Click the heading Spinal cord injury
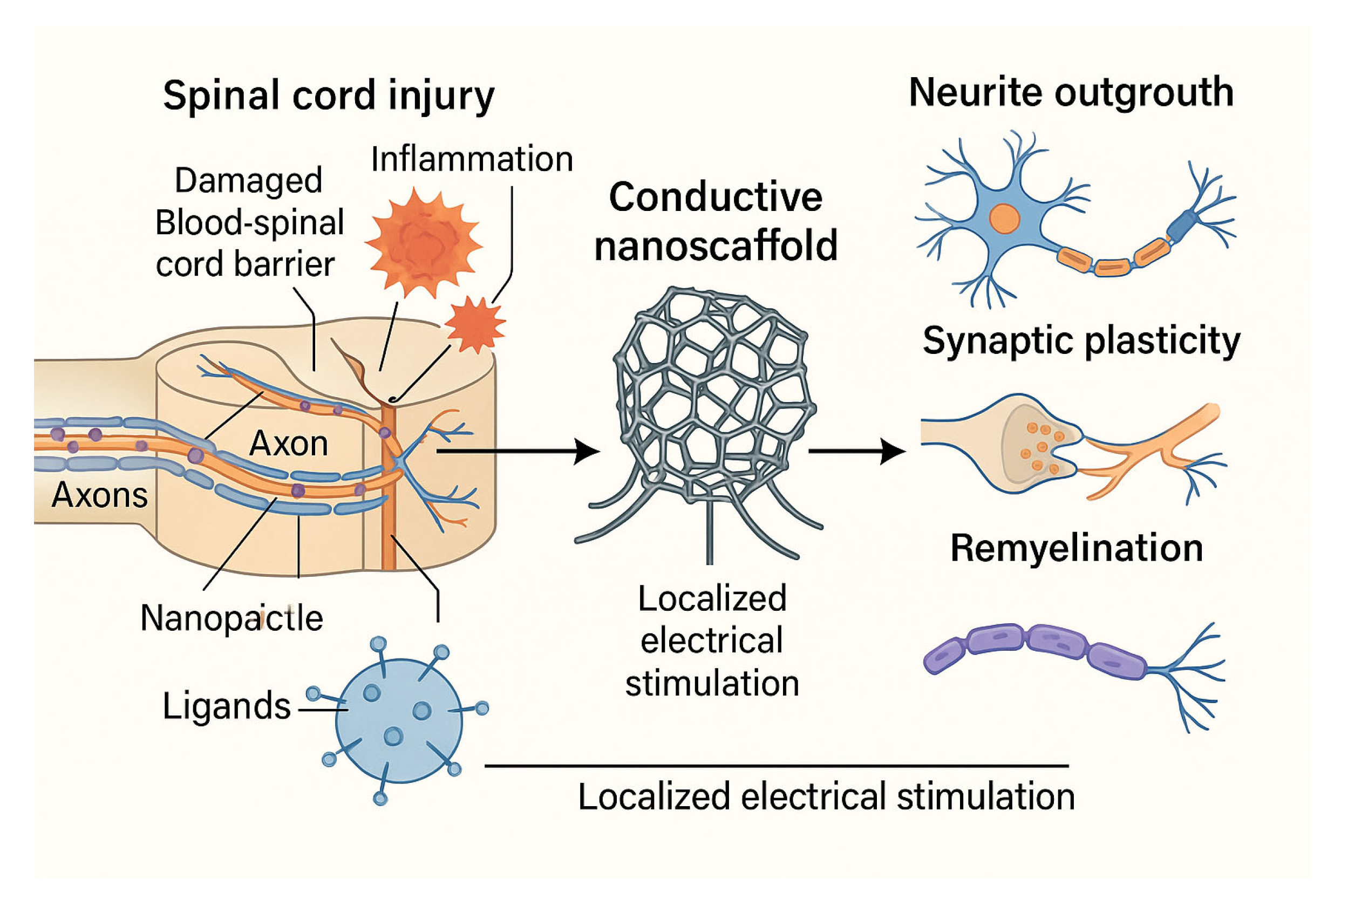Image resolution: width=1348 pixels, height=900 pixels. [x=329, y=96]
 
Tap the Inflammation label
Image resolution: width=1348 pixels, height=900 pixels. [x=472, y=159]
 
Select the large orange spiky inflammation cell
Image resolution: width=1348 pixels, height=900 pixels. [x=424, y=242]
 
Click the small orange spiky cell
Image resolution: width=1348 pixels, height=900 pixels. [x=475, y=324]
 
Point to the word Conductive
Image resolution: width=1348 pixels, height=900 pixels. [x=716, y=197]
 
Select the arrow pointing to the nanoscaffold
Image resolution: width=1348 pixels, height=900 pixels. [x=518, y=451]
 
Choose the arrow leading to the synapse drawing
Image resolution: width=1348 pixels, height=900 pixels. [x=857, y=451]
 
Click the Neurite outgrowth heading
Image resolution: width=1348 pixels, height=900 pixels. [x=1071, y=93]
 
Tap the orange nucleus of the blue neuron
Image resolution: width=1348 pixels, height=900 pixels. [x=1004, y=219]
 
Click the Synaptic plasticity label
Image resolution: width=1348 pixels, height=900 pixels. [x=1081, y=342]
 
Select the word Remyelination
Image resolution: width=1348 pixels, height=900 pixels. [x=1077, y=548]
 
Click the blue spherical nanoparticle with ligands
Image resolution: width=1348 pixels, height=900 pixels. [x=399, y=720]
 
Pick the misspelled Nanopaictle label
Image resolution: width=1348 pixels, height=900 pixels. [x=232, y=619]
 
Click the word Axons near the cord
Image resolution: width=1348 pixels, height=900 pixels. [x=99, y=495]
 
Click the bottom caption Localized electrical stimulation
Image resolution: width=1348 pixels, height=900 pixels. [x=826, y=797]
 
